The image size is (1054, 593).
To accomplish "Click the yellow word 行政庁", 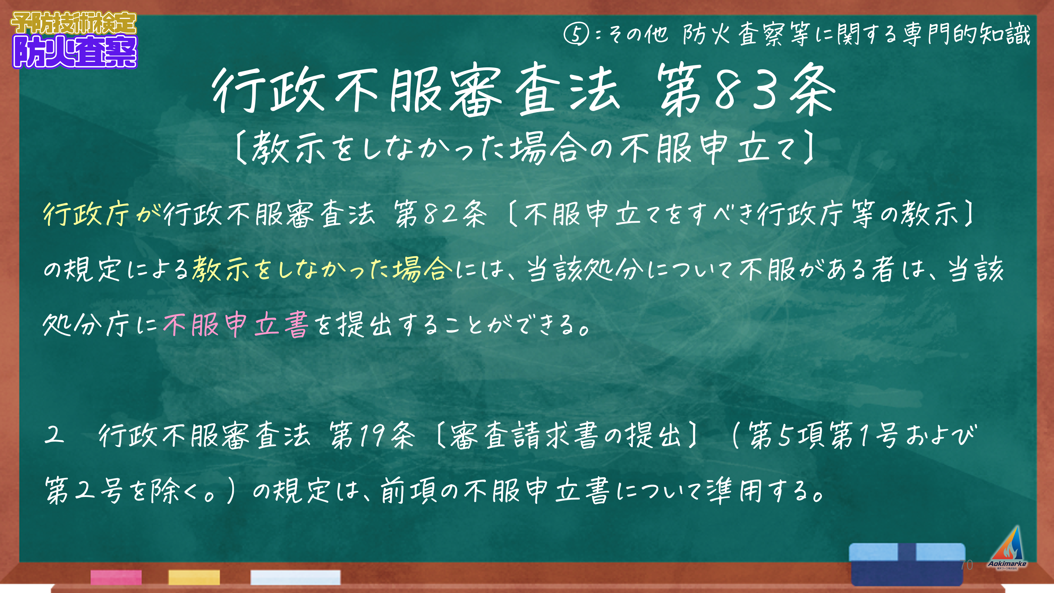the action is pyautogui.click(x=86, y=214).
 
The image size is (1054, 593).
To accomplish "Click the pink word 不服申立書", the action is pyautogui.click(x=236, y=325).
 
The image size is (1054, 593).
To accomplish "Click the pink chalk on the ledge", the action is pyautogui.click(x=116, y=577).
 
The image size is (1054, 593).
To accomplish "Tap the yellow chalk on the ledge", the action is pyautogui.click(x=194, y=577).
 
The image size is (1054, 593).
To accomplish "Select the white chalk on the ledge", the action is pyautogui.click(x=295, y=577).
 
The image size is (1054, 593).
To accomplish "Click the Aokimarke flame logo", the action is pyautogui.click(x=1007, y=548).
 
